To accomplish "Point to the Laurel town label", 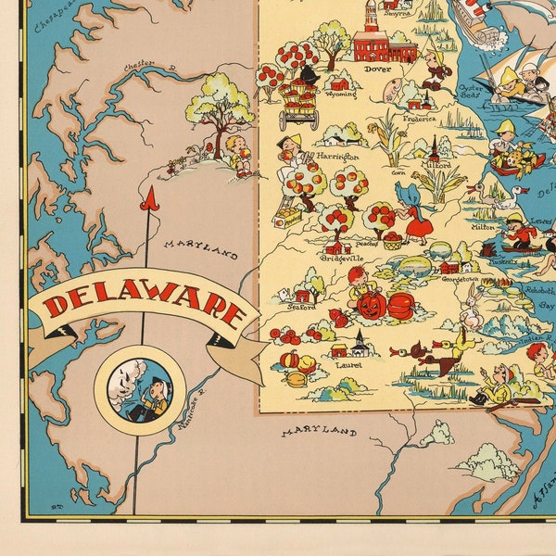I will point(349,365).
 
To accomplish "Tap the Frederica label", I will point(419,119).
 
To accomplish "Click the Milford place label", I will point(436,166).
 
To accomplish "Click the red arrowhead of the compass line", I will point(145,197).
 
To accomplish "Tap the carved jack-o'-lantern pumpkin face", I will point(372,305).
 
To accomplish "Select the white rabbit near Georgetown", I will point(473,306).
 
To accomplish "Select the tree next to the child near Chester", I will point(220,104).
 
